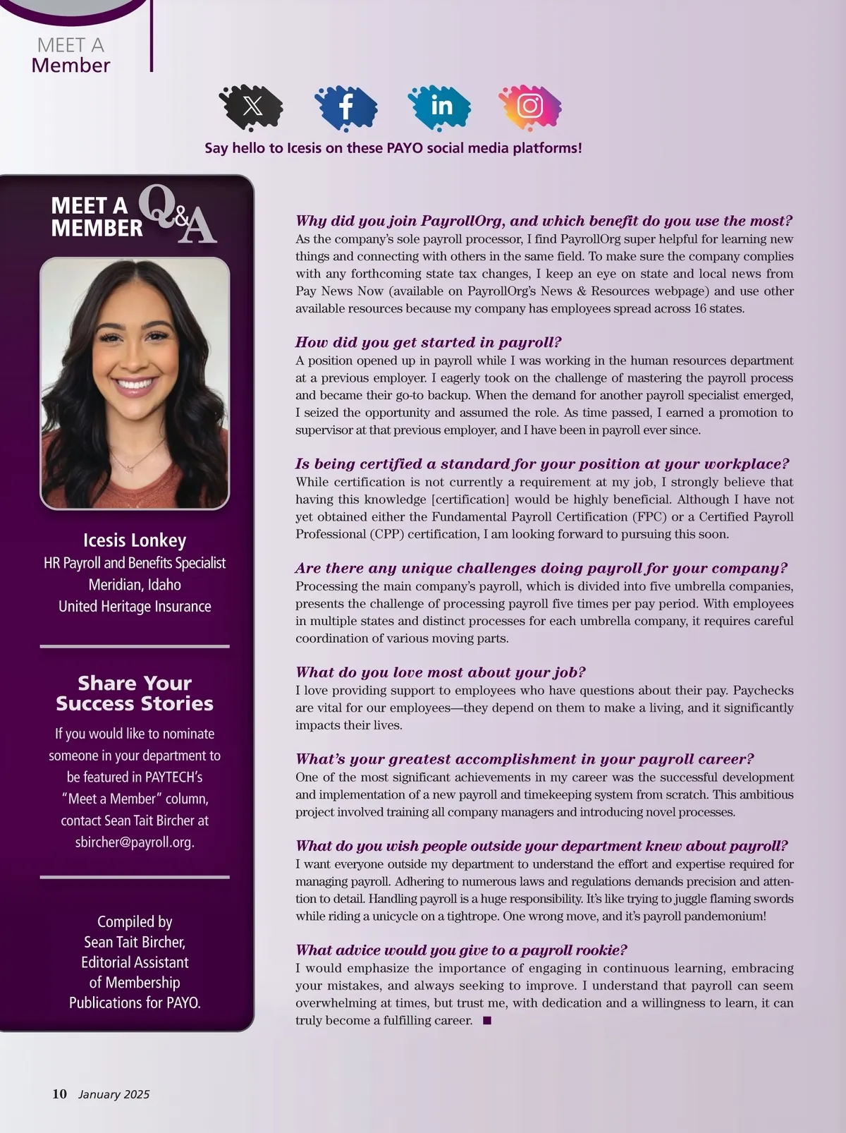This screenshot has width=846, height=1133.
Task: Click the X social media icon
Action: (252, 107)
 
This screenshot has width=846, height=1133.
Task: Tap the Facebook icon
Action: (346, 107)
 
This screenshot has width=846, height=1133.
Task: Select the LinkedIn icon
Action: (441, 106)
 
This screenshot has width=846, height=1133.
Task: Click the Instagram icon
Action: (530, 106)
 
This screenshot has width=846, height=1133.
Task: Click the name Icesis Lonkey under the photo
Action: (135, 540)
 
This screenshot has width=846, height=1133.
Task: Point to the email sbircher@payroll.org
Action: (135, 842)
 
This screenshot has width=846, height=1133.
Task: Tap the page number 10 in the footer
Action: (59, 1093)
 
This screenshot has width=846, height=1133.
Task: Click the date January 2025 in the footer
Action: (114, 1094)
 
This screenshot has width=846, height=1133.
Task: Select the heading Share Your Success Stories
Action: (135, 693)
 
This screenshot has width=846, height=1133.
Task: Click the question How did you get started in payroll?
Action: (428, 342)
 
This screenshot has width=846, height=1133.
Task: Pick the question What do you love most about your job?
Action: (440, 672)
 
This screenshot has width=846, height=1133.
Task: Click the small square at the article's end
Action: (486, 1020)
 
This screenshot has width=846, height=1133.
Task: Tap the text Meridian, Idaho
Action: (135, 585)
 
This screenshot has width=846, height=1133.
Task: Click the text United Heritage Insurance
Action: (135, 607)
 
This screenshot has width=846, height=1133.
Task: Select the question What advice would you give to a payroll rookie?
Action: (461, 950)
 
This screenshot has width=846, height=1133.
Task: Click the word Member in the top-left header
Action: (70, 66)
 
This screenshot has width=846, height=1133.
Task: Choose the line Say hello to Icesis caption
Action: (393, 148)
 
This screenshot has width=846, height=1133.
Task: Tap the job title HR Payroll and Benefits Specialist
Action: (135, 563)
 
